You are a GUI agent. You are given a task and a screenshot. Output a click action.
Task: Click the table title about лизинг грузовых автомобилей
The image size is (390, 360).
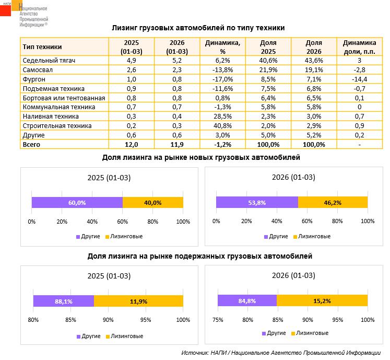tap(198, 28)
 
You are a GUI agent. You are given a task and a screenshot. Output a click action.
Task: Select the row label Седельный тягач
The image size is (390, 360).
tap(50, 61)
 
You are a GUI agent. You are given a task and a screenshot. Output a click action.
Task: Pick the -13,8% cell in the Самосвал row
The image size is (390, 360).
tap(222, 70)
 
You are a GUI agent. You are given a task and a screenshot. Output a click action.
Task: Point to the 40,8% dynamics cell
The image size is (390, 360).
tap(222, 126)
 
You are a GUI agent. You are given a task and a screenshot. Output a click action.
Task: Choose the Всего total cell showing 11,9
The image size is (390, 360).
tap(176, 145)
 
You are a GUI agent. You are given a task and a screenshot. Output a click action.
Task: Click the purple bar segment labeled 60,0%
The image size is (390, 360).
tap(77, 203)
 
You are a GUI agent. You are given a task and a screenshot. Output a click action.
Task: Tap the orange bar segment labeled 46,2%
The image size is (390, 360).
tap(333, 203)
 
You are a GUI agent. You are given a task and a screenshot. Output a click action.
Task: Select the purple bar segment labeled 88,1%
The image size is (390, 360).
tap(63, 301)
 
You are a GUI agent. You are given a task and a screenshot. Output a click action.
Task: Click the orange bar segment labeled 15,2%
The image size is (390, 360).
tap(322, 300)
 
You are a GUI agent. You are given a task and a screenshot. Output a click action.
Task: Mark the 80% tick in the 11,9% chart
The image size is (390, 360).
tap(33, 320)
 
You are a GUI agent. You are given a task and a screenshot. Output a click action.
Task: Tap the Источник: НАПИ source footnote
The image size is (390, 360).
tap(281, 353)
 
